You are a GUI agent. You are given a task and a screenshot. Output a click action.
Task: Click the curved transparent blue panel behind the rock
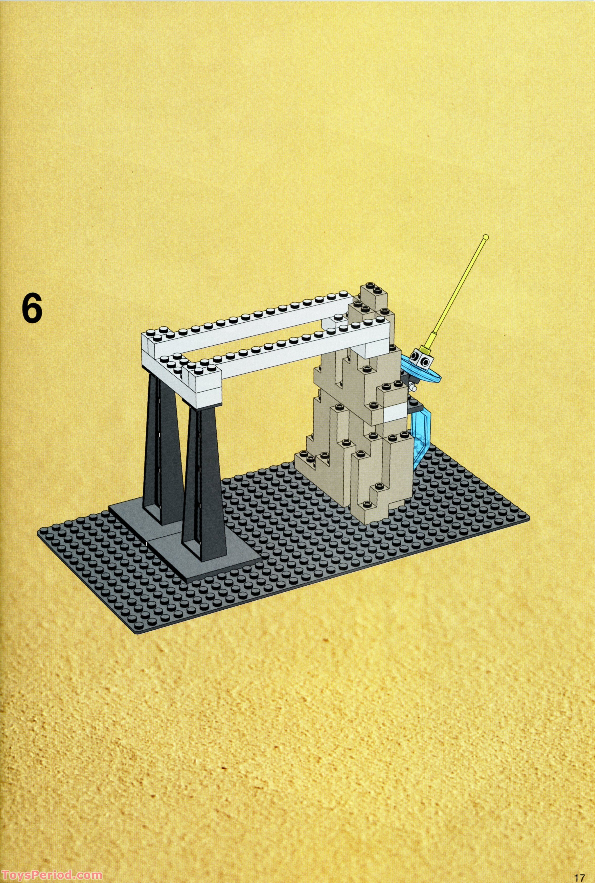tap(420, 436)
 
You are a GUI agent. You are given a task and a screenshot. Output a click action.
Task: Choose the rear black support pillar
tap(161, 444)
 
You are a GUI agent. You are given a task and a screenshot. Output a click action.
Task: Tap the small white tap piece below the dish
tap(413, 387)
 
